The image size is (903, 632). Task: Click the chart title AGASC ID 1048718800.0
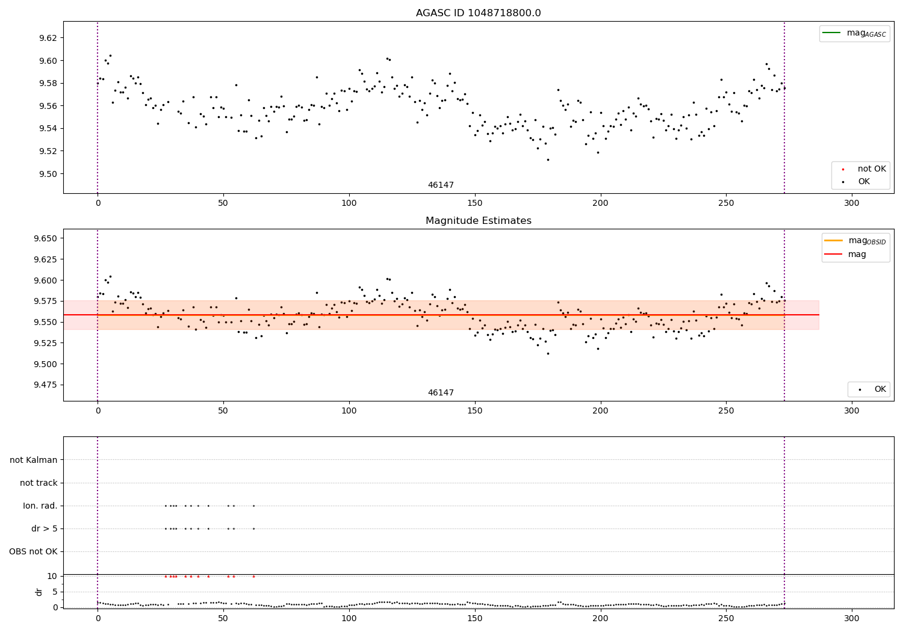[x=478, y=13]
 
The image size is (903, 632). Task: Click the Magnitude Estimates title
[x=478, y=221]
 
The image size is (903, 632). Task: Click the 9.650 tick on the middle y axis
[x=45, y=239]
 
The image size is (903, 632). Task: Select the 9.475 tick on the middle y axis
[x=45, y=385]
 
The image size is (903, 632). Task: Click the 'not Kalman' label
[x=34, y=460]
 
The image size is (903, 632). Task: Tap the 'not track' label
[x=39, y=483]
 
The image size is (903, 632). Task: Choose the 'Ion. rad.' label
[x=40, y=506]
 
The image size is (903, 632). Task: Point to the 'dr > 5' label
[x=45, y=529]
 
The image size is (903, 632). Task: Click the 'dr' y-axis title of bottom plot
[x=39, y=592]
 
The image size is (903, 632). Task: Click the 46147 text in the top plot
[x=441, y=185]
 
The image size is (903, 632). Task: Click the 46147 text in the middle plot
[x=441, y=393]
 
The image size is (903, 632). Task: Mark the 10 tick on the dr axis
[x=52, y=577]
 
